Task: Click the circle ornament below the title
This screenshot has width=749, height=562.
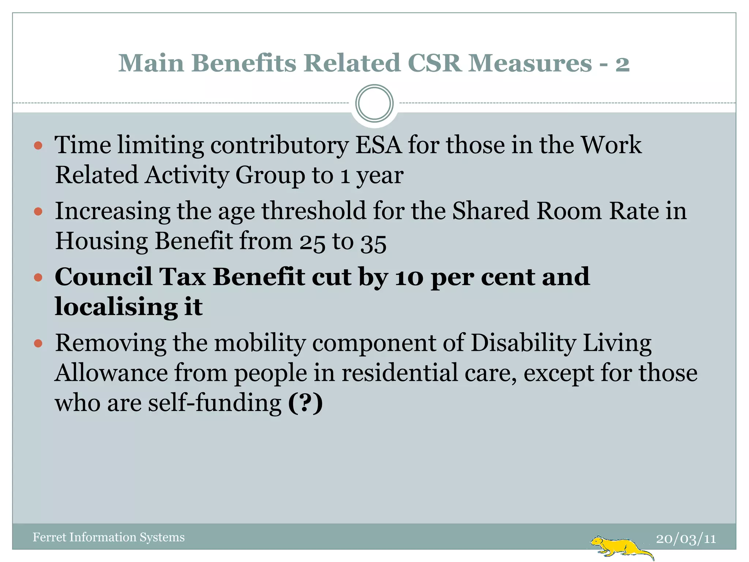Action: click(374, 104)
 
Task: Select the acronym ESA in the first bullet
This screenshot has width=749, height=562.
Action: click(378, 145)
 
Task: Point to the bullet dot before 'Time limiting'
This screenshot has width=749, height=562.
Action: click(38, 146)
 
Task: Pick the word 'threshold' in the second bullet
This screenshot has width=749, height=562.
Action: click(314, 211)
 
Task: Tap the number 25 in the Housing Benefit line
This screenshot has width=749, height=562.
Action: click(312, 242)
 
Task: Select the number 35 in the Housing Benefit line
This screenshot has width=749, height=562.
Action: click(373, 242)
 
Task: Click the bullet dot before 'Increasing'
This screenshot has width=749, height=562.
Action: click(38, 211)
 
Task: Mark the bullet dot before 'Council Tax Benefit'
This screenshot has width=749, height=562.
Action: click(38, 277)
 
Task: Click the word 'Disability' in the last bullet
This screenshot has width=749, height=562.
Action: click(523, 344)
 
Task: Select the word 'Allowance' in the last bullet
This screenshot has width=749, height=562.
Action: click(111, 373)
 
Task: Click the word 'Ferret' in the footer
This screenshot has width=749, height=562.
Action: click(49, 537)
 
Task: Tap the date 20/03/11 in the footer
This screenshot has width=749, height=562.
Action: click(686, 539)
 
